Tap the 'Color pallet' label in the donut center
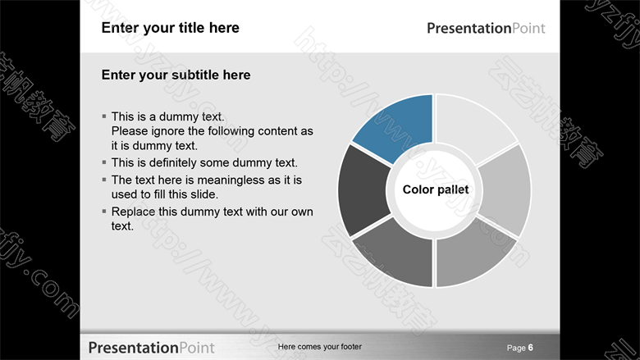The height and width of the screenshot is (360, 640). click(x=436, y=189)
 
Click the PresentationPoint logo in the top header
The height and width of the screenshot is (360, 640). click(x=486, y=28)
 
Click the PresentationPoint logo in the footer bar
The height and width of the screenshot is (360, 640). click(x=151, y=348)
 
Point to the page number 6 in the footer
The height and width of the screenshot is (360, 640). click(x=531, y=348)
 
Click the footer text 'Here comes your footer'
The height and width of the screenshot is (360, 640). click(x=320, y=347)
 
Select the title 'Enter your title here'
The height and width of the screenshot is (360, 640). click(x=170, y=28)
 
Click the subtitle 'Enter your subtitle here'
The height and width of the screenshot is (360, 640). click(x=176, y=75)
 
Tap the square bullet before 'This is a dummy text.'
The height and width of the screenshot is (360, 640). click(x=104, y=116)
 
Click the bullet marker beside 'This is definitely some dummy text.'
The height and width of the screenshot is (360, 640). click(x=104, y=162)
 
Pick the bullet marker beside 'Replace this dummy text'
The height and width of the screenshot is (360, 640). click(x=104, y=212)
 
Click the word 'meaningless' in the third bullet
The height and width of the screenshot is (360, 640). click(x=235, y=180)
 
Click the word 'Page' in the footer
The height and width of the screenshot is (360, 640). click(x=516, y=348)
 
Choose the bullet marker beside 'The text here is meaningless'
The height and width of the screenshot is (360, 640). click(x=104, y=180)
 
